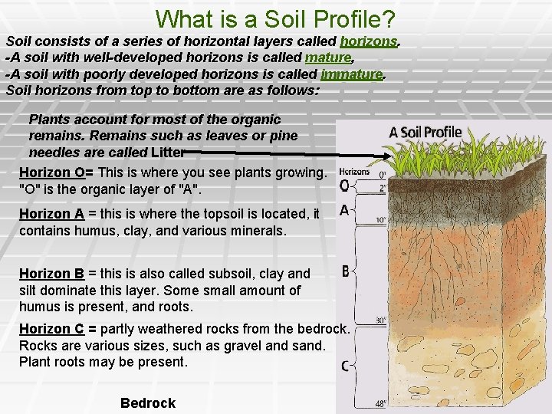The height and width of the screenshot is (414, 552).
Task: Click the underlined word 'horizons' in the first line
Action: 370,41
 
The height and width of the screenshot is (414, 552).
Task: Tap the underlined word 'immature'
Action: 352,74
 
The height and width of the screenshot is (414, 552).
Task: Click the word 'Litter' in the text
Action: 162,152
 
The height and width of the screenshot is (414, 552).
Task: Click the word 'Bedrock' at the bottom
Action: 148,403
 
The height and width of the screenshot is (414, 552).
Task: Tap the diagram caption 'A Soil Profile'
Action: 426,133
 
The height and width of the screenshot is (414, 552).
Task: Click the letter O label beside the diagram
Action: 344,186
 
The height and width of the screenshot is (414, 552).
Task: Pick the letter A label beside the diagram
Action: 344,210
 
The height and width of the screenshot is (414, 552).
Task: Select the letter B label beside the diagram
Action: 346,271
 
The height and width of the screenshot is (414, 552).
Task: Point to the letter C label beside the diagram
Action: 346,366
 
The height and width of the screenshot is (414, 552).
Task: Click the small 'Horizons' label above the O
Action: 353,172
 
